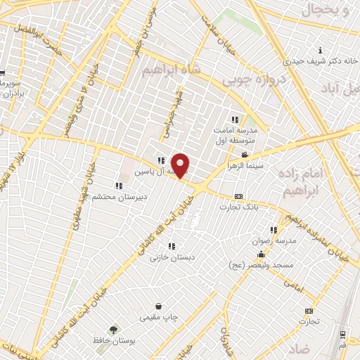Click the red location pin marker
coord(181,166)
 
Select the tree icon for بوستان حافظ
coord(112,330)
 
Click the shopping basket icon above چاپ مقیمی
coord(160,307)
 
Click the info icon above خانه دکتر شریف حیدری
coord(321,50)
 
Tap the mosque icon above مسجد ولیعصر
coord(262,255)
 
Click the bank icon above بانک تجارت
coord(238,196)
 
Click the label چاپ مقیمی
coord(160,318)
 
